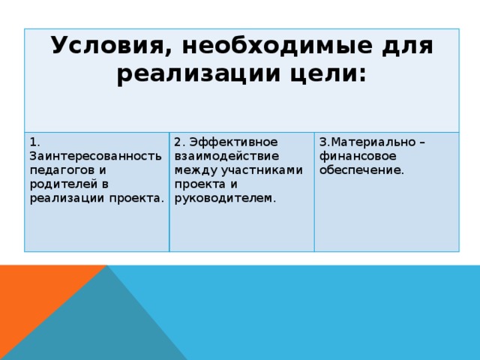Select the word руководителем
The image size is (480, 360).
224,199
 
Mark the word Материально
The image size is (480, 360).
369,142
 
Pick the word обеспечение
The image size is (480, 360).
361,170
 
